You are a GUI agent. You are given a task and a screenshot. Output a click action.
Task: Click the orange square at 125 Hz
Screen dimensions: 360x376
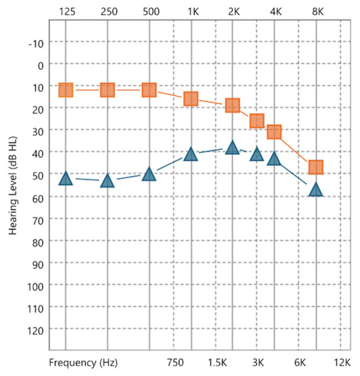point(65,90)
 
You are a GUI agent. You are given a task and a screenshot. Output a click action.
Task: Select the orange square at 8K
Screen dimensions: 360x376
point(316,167)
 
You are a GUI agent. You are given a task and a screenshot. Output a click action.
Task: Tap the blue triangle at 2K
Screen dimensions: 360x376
point(232,148)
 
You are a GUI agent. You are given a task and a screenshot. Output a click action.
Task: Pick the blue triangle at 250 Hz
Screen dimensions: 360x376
point(107,180)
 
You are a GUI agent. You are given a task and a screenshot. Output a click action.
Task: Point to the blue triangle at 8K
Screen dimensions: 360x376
point(316,190)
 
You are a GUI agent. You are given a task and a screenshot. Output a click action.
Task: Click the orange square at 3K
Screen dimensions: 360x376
point(257,121)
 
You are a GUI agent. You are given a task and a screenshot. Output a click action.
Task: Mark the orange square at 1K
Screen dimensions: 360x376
point(191,99)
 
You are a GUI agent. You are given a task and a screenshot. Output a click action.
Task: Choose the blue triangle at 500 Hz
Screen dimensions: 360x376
point(149,174)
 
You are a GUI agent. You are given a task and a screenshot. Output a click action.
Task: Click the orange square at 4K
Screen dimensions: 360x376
point(274,131)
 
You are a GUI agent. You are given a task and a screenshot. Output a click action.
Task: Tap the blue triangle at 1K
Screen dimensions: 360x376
point(191,154)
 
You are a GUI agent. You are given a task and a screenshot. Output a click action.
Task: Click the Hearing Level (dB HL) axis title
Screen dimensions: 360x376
point(13,185)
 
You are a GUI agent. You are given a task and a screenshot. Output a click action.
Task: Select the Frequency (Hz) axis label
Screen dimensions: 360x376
point(83,362)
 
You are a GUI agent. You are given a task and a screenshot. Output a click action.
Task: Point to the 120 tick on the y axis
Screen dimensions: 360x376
point(35,331)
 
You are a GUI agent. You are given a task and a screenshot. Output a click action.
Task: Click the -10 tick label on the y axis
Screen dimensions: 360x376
point(36,44)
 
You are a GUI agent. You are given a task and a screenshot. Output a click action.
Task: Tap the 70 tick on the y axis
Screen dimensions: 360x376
point(38,220)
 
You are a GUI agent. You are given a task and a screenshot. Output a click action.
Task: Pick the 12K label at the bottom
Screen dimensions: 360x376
point(342,362)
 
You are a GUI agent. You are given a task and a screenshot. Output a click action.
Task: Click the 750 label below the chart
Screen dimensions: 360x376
point(175,362)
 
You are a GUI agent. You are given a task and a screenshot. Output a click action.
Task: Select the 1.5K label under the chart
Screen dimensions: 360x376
point(217,362)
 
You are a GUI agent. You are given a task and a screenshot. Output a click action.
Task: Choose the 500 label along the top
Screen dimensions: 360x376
point(151,12)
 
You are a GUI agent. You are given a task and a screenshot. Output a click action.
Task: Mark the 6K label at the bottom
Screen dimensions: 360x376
point(300,362)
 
